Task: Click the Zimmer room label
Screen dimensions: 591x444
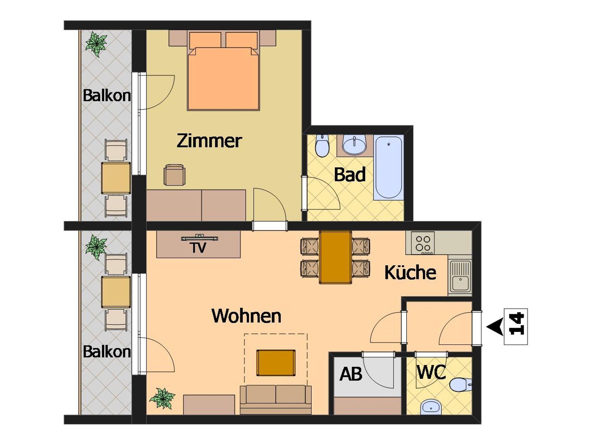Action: pos(209,141)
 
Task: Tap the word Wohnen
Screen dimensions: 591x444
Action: pos(246,316)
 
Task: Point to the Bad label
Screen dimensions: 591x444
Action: pos(350,174)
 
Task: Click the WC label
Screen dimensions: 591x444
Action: pos(431,372)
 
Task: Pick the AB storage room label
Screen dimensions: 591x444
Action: pos(351,374)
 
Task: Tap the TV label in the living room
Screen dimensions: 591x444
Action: pos(199,248)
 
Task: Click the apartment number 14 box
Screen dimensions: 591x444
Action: pos(516,327)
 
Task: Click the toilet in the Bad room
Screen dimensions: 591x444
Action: pos(322,146)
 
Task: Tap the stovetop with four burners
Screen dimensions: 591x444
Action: pos(423,243)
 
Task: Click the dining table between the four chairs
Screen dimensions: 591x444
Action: pos(335,257)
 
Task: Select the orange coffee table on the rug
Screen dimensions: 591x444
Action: pos(276,363)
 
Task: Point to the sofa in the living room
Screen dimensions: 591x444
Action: pos(276,400)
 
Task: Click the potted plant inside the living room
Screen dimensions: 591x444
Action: pos(162,399)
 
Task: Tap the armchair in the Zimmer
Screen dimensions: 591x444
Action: pos(174,175)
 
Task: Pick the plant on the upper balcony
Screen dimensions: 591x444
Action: pos(96,44)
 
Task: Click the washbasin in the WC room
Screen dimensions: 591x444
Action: pos(431,407)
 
